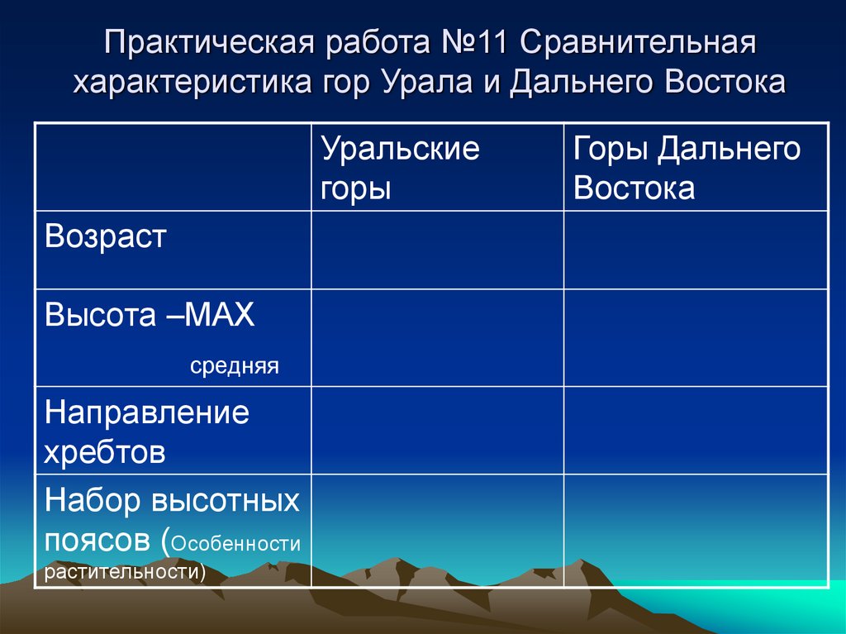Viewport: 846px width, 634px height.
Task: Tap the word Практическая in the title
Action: (210, 43)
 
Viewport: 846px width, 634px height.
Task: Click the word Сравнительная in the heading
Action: (639, 43)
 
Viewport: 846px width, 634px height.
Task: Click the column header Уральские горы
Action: (400, 168)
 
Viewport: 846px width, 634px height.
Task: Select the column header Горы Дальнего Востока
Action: (687, 168)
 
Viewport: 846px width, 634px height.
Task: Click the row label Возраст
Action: (105, 237)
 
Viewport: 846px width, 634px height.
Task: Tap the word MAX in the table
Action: (219, 314)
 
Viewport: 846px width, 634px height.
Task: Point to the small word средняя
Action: (234, 366)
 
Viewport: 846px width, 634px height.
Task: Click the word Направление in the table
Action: (147, 413)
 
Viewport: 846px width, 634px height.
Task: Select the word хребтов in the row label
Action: (104, 452)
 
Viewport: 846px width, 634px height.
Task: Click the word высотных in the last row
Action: (226, 500)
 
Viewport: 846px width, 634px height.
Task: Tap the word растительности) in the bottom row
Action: (125, 571)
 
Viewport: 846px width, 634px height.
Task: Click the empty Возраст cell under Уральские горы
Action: (438, 250)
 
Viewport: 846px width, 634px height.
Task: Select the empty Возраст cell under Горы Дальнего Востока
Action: (696, 250)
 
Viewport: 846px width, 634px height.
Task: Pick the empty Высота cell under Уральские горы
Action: (438, 337)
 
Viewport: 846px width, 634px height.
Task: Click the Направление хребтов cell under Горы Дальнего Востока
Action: (696, 431)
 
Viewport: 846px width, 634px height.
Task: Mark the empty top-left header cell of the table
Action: (173, 167)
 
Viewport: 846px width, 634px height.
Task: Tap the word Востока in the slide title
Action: (725, 82)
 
